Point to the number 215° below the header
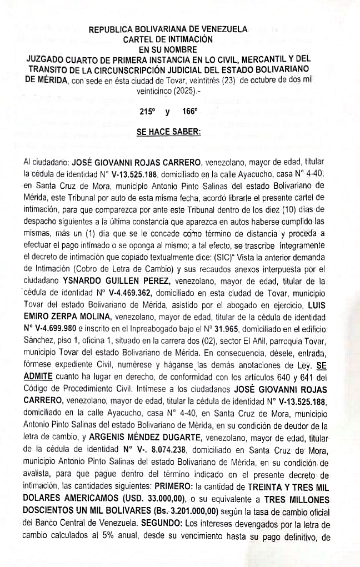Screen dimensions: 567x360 tap(146, 111)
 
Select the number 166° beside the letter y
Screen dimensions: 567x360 tap(189, 111)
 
